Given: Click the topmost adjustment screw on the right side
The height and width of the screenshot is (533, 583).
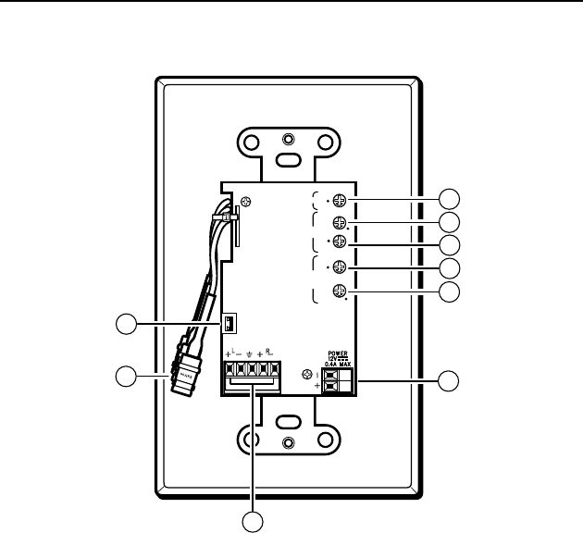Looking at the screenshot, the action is coord(340,199).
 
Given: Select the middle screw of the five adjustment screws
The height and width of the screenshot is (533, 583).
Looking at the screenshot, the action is coord(340,243).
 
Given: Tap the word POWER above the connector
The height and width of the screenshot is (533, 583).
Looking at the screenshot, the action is coord(340,353).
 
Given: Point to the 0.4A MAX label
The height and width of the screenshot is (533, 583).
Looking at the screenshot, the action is coord(339,365).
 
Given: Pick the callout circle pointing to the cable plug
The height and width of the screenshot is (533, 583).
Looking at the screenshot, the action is coord(125,377).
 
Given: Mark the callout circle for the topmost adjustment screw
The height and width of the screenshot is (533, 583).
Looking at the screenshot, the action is coord(449,199).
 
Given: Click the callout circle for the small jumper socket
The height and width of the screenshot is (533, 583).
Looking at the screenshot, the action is coord(125,324).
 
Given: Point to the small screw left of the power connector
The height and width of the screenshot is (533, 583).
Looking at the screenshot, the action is coord(307,375).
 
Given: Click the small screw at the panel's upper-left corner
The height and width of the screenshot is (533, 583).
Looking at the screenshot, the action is coord(244,203).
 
